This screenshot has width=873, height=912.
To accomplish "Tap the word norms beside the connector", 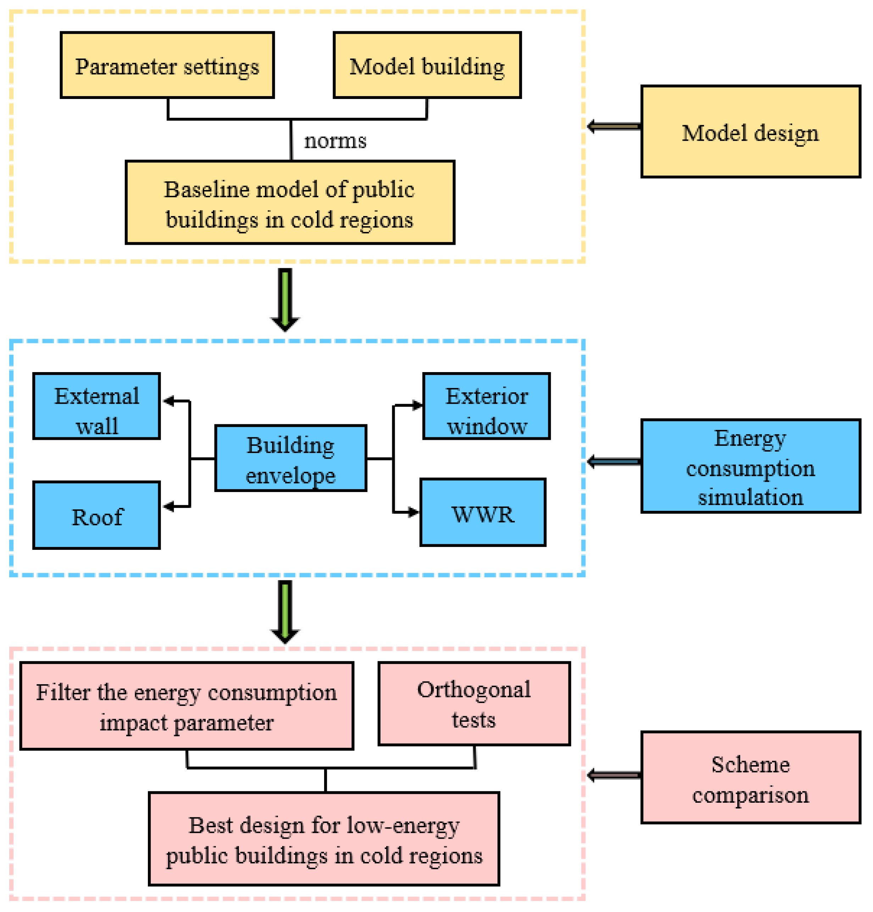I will (334, 140).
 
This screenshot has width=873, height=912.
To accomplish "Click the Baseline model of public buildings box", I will (289, 203).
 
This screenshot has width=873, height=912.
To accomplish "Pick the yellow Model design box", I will (750, 131).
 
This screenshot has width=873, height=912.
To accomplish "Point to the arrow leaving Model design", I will (613, 126).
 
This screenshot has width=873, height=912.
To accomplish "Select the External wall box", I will (96, 406).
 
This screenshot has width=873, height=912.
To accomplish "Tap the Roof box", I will (96, 515).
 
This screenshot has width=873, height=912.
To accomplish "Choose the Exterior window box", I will (486, 406).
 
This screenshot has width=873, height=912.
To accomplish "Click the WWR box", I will (482, 512).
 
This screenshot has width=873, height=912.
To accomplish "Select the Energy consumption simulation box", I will (750, 466).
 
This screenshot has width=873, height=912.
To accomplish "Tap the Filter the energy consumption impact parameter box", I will (187, 706).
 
